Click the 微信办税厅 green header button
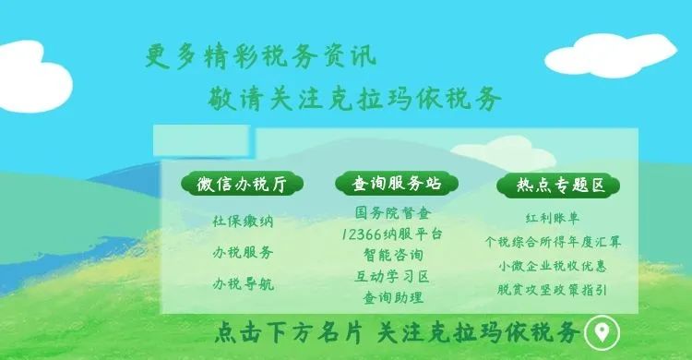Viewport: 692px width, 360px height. (x=243, y=184)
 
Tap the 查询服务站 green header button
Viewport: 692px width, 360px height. (x=397, y=184)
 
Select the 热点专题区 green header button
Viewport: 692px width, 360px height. (x=558, y=186)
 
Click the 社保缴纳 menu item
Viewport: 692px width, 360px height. (x=243, y=221)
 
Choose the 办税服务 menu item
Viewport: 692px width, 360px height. (x=243, y=252)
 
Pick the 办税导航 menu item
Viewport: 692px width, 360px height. (x=243, y=283)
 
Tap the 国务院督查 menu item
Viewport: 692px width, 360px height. (x=393, y=213)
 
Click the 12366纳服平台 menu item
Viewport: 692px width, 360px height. (x=392, y=234)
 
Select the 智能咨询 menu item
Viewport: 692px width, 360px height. (x=393, y=255)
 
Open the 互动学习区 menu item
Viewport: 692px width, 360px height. (x=392, y=277)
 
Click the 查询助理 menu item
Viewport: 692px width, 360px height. (x=393, y=297)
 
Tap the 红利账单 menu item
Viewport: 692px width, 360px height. (x=552, y=218)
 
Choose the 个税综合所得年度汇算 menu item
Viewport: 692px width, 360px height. (x=553, y=242)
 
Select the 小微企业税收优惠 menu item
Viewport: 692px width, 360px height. (x=553, y=266)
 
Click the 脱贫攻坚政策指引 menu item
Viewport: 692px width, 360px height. (x=552, y=290)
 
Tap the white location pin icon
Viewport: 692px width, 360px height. (x=602, y=332)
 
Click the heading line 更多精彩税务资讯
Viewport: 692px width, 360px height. (x=260, y=56)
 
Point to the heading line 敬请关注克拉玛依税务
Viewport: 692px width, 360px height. (x=354, y=98)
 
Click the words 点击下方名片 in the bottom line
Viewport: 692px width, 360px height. (x=289, y=332)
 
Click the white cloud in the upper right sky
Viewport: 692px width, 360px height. (x=611, y=55)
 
